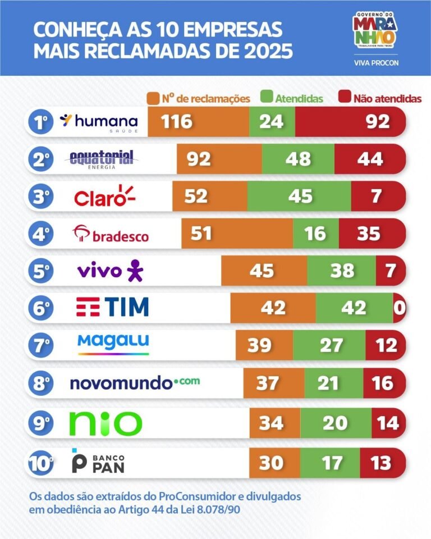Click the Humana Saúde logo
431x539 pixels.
click(99, 121)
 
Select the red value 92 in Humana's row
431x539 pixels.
click(377, 122)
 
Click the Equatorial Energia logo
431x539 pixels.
click(102, 159)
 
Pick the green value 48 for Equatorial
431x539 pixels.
click(297, 159)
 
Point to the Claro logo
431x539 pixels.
click(105, 197)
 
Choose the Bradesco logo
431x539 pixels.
click(112, 234)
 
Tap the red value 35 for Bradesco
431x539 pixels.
click(369, 234)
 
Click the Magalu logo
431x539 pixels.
click(113, 344)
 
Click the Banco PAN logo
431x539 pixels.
click(98, 461)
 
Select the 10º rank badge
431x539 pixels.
click(40, 464)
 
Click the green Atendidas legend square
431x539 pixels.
click(267, 98)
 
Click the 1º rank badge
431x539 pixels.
click(40, 122)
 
